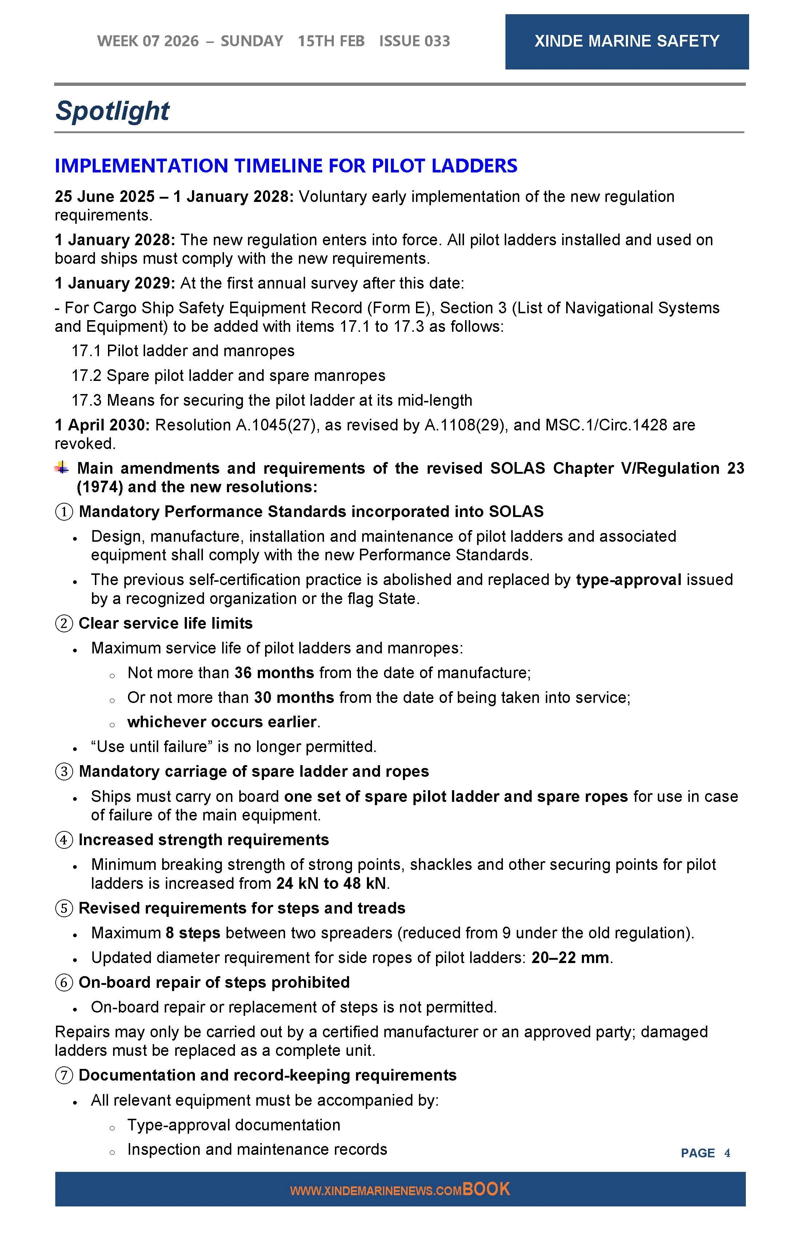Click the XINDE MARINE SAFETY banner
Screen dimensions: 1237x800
coord(627,41)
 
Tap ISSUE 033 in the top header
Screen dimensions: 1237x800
coord(414,41)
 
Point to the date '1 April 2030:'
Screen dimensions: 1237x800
coord(102,425)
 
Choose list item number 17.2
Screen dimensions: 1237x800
coord(86,376)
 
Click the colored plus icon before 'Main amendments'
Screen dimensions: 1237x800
coord(62,468)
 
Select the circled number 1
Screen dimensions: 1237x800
coord(64,512)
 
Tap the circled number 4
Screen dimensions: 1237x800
coord(64,840)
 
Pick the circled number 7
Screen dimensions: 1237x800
coord(64,1075)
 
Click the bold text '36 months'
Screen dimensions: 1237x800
coord(274,673)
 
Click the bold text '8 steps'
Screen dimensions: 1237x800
coord(193,933)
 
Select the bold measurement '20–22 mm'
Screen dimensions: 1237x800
coord(570,958)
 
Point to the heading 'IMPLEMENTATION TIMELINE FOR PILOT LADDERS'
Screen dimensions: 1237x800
coord(286,166)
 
